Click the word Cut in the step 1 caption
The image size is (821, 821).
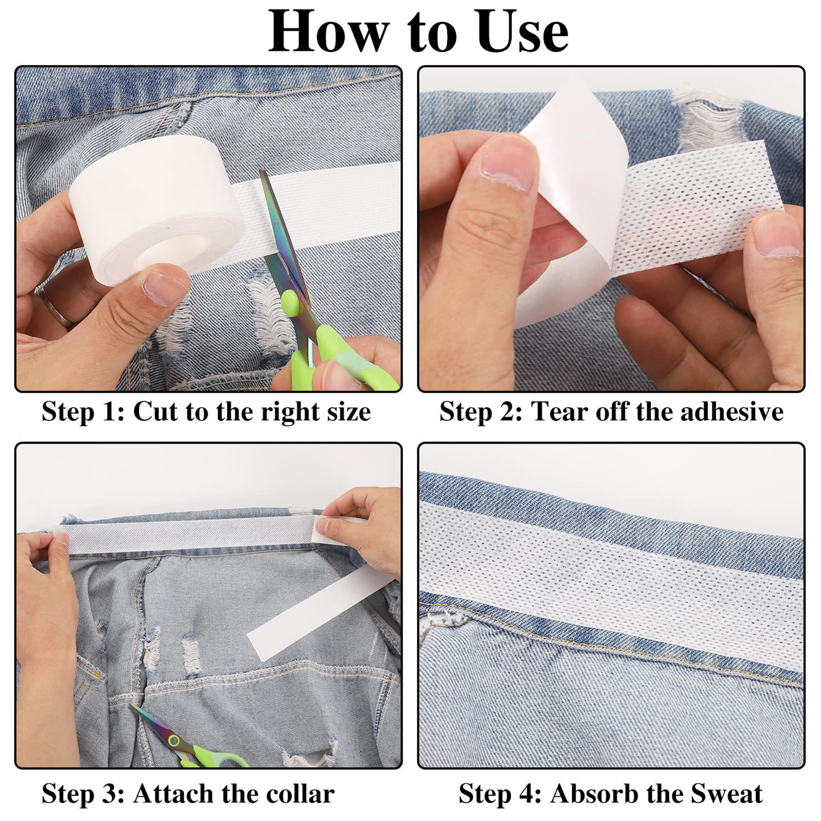click(x=155, y=412)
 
